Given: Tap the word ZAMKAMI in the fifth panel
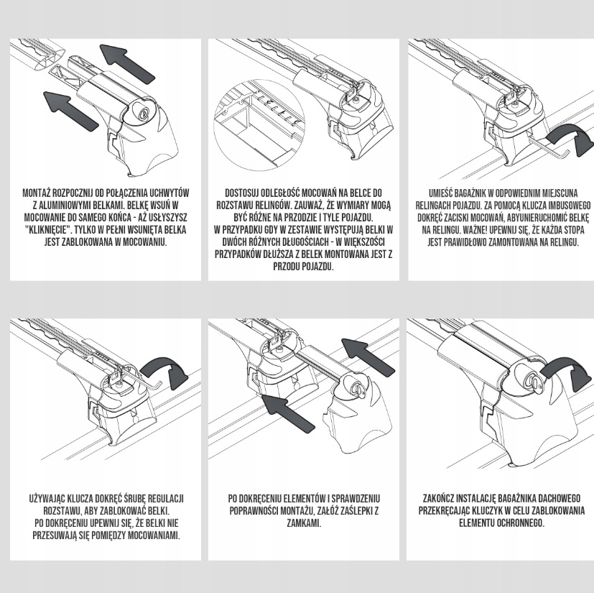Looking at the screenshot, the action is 304,523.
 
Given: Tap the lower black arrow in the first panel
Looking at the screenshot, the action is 70,111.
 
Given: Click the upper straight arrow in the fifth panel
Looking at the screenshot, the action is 368,357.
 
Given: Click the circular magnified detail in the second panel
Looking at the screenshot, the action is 259,124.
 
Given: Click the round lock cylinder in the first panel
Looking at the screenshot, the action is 144,114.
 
